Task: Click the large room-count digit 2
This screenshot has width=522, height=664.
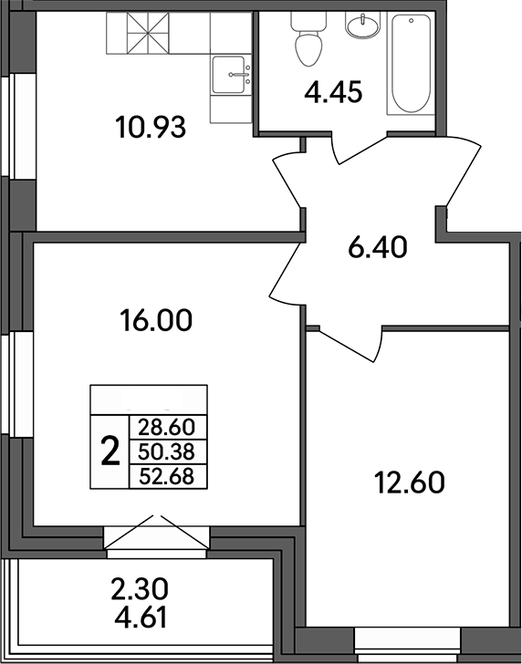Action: point(110,451)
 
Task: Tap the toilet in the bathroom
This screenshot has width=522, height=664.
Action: point(305,41)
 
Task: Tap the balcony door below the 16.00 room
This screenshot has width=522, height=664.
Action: point(158,539)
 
